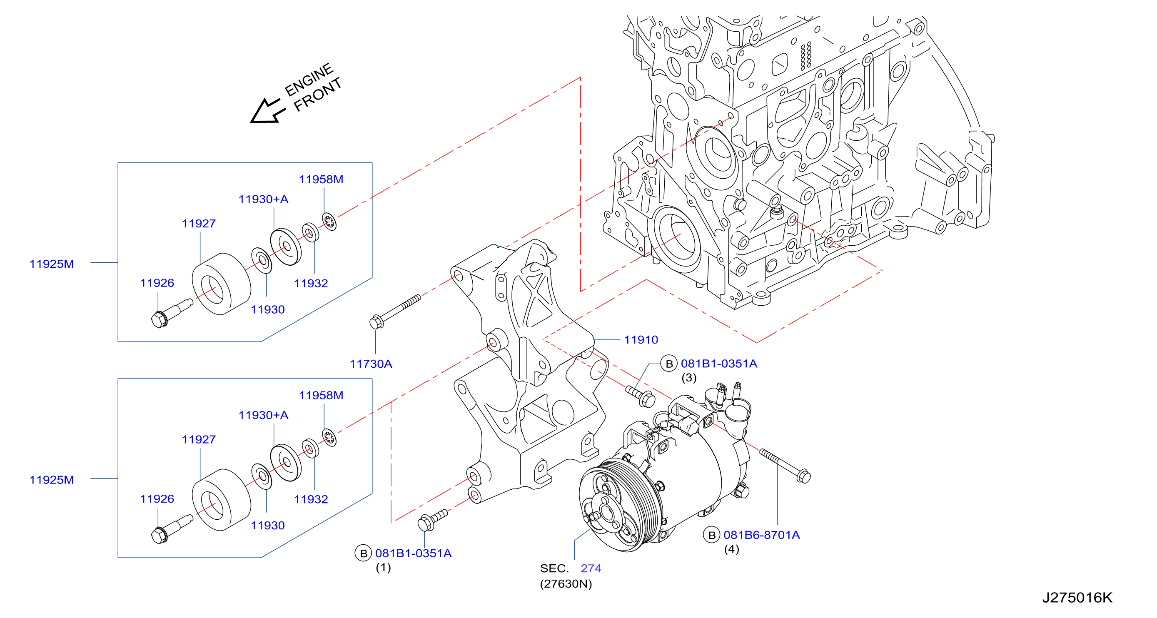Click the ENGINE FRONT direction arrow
(267, 111)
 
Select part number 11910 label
(641, 340)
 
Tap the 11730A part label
(371, 364)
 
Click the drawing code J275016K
(1077, 598)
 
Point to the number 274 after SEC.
(591, 568)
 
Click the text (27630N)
(566, 584)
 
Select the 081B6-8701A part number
(762, 535)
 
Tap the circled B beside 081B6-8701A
(711, 535)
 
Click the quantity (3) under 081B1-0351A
(689, 378)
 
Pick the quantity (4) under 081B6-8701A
(732, 549)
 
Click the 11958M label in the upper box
(321, 179)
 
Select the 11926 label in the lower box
(157, 499)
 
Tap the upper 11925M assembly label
(52, 264)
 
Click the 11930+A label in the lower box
(263, 415)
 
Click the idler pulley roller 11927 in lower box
(222, 500)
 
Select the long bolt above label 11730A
(395, 311)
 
